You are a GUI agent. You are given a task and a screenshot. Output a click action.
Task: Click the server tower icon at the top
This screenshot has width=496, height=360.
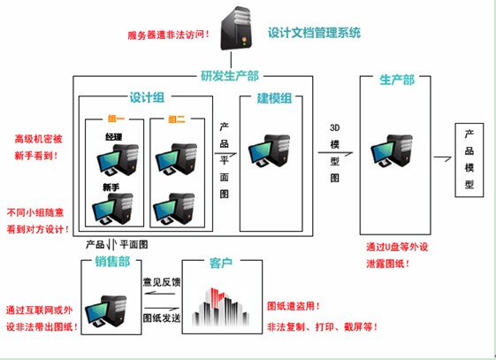tap(236, 28)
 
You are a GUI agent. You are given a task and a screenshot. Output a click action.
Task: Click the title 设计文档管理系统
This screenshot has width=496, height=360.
tap(314, 33)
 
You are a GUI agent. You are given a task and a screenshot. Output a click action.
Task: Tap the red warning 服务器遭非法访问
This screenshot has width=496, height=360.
tap(169, 34)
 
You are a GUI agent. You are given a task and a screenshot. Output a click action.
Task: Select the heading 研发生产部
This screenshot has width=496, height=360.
tap(230, 76)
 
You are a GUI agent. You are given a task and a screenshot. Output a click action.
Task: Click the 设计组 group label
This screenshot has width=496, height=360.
tap(147, 97)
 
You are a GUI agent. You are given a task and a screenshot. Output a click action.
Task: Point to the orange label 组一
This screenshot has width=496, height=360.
tap(116, 119)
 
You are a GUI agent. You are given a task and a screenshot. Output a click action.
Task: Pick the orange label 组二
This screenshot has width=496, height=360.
tap(177, 119)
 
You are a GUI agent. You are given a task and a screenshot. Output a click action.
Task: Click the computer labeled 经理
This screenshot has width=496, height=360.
tap(118, 160)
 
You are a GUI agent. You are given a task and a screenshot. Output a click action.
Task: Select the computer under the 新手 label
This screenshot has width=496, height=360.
tap(112, 209)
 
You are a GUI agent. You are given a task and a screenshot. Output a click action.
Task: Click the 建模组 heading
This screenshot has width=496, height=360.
tap(274, 98)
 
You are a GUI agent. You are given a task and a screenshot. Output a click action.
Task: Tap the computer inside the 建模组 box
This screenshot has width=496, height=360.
tap(269, 151)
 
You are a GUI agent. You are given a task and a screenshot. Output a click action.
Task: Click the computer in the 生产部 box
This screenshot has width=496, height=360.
tap(392, 151)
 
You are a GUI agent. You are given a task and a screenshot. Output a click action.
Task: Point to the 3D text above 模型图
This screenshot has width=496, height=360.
tap(335, 127)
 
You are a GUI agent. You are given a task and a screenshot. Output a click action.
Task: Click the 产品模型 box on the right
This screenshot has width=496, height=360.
tap(469, 160)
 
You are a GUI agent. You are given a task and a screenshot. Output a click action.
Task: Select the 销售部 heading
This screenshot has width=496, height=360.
tap(112, 262)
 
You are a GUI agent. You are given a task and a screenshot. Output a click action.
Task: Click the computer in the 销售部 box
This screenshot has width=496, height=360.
tap(106, 312)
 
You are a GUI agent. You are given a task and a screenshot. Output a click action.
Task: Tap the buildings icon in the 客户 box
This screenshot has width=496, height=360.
tap(221, 307)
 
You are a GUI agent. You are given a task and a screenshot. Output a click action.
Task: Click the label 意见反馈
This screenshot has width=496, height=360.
tap(162, 282)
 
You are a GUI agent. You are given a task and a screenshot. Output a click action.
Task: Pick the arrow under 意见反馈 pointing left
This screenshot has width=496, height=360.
tap(160, 294)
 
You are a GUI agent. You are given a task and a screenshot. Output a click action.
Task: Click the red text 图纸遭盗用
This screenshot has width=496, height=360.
tap(294, 306)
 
